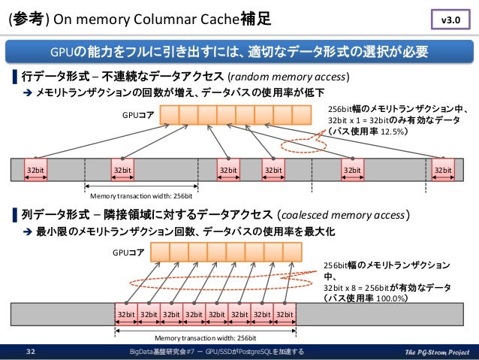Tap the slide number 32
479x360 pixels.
click(x=32, y=351)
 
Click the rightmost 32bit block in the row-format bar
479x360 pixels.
click(x=444, y=171)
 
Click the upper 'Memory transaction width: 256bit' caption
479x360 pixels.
click(x=141, y=195)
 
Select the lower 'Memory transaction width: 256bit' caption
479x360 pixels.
click(x=205, y=337)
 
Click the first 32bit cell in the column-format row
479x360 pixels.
click(x=125, y=313)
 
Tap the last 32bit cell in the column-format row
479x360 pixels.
click(x=284, y=313)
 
